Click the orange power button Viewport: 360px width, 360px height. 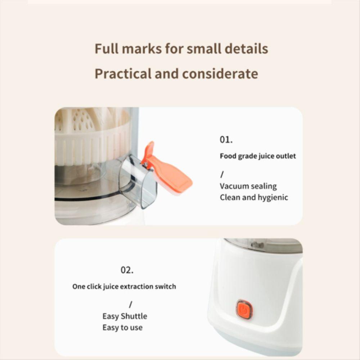click(244, 310)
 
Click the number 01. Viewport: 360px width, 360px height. click(226, 140)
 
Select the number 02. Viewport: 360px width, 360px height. click(127, 270)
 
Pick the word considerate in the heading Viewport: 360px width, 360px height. click(220, 74)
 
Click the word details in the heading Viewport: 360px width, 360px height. click(247, 49)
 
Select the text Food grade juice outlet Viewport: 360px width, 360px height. click(258, 156)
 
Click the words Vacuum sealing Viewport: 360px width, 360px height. click(248, 186)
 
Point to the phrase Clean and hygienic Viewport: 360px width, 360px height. click(254, 197)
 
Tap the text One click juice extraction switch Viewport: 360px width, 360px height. click(124, 287)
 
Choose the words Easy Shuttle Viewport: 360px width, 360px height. click(125, 316)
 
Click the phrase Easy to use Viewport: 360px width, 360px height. click(122, 327)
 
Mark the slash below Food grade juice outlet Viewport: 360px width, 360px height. click(222, 175)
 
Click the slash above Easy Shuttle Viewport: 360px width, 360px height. click(131, 305)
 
